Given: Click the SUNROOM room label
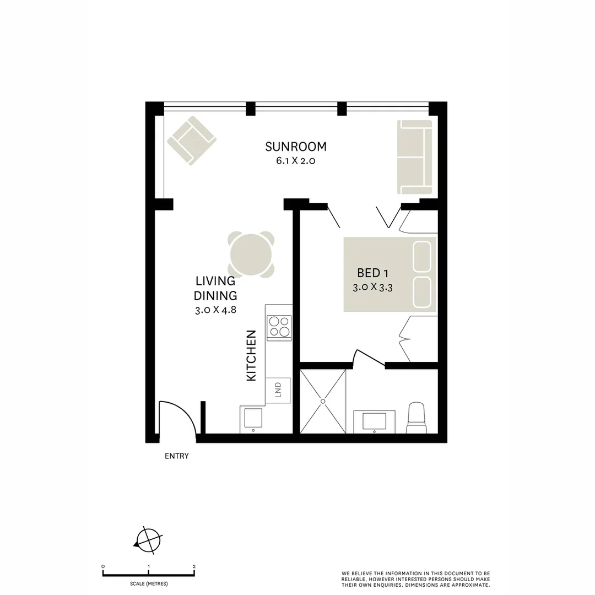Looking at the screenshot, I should tap(296, 147).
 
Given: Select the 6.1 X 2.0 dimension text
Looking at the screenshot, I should tap(296, 161).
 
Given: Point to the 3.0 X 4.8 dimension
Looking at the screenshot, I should tap(215, 310).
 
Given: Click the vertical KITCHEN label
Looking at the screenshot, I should tap(251, 355).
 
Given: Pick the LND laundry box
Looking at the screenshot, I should tap(278, 391).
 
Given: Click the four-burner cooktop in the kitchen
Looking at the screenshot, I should tap(279, 328).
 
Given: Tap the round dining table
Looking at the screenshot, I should tap(251, 254).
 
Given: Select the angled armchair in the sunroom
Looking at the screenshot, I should tap(191, 140).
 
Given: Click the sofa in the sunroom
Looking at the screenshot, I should tap(415, 157).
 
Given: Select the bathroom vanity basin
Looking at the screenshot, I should tap(374, 421).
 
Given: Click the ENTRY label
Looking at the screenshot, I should tap(177, 456).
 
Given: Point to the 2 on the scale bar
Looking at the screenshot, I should tap(194, 566).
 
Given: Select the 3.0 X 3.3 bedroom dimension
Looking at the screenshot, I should tap(372, 287).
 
